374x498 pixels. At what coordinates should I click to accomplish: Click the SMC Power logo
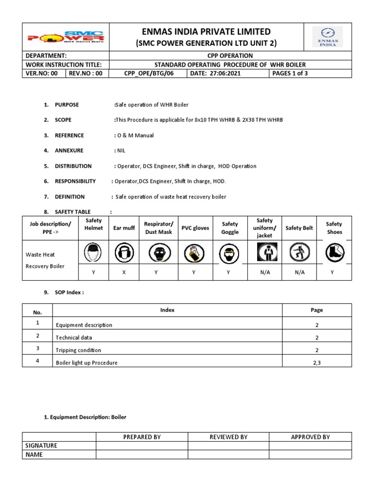pos(66,37)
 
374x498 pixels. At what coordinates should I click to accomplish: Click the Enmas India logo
pos(327,37)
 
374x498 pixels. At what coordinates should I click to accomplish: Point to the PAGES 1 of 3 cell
pos(290,73)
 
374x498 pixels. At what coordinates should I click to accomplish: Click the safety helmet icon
pos(93,253)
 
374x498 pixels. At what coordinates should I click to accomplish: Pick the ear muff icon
pos(124,253)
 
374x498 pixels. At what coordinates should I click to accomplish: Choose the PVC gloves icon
pos(193,253)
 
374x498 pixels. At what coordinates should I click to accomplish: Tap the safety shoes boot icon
pos(334,253)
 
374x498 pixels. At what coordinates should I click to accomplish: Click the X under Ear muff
pos(124,272)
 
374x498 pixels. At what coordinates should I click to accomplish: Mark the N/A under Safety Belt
pos(299,272)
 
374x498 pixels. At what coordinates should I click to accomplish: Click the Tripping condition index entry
pos(78,350)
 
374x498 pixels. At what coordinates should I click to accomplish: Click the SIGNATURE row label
pos(41,445)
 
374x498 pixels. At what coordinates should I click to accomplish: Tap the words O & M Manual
pos(135,135)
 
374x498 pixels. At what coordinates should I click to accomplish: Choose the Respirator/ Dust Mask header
pos(158,228)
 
